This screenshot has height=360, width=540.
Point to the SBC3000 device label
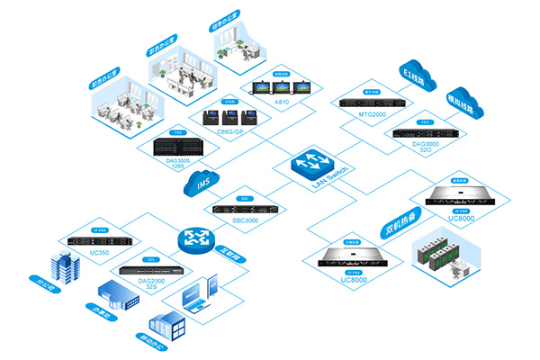coord(246,220)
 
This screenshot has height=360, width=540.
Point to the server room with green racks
coord(445,256)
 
